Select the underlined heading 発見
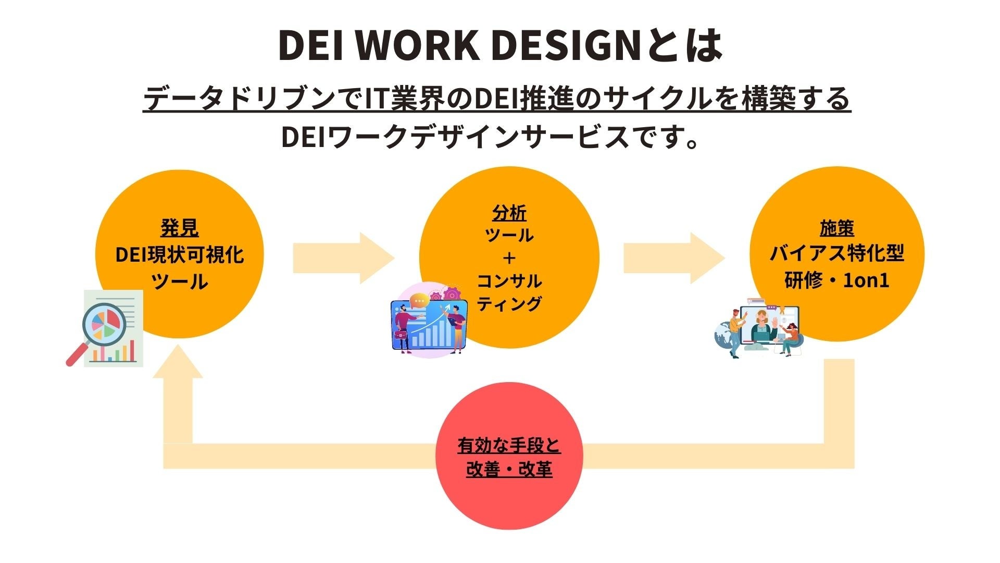[x=180, y=228]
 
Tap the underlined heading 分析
[x=509, y=213]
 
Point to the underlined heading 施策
[x=836, y=228]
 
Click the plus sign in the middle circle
[x=509, y=258]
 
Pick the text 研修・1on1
[x=836, y=280]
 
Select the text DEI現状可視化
[x=180, y=255]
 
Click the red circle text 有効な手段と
[x=509, y=446]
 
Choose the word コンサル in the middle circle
[x=509, y=281]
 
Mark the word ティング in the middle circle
[x=509, y=303]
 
